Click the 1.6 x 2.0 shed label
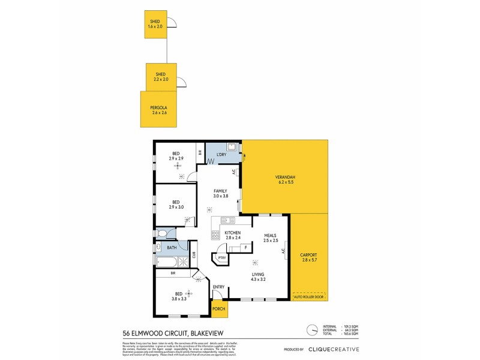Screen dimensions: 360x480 (155, 25)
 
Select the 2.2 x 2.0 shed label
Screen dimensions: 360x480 (161, 77)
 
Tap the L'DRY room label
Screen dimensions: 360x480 (221, 155)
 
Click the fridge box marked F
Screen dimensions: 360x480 (245, 247)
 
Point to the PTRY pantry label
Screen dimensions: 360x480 (221, 258)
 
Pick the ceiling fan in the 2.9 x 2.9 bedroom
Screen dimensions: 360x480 (178, 166)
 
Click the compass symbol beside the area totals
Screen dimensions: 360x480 (311, 330)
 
